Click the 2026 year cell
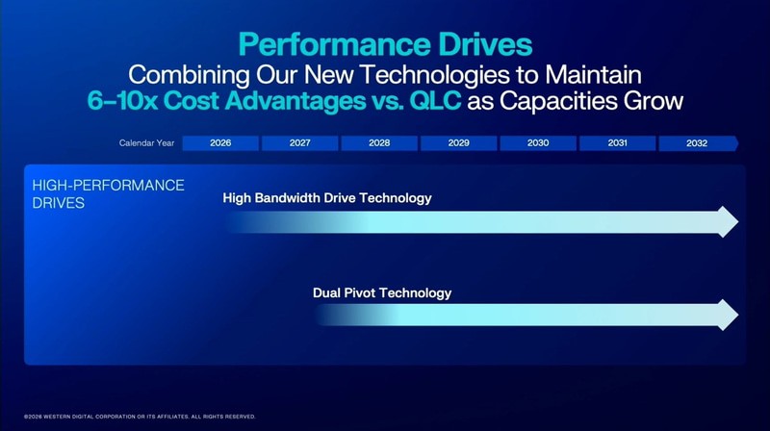(x=220, y=143)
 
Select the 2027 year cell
(x=299, y=143)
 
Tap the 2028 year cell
(x=379, y=143)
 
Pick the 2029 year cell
(x=458, y=143)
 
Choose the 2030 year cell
(x=538, y=143)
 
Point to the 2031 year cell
(x=617, y=143)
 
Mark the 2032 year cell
(x=697, y=143)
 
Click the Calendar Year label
(x=146, y=143)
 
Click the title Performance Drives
(x=385, y=44)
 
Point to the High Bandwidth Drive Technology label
(x=327, y=198)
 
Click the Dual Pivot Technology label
(x=382, y=292)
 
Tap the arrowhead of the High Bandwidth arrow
(x=728, y=222)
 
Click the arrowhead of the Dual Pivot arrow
(x=728, y=315)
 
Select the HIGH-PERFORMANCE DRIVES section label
(x=108, y=193)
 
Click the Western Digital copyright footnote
(x=133, y=417)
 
